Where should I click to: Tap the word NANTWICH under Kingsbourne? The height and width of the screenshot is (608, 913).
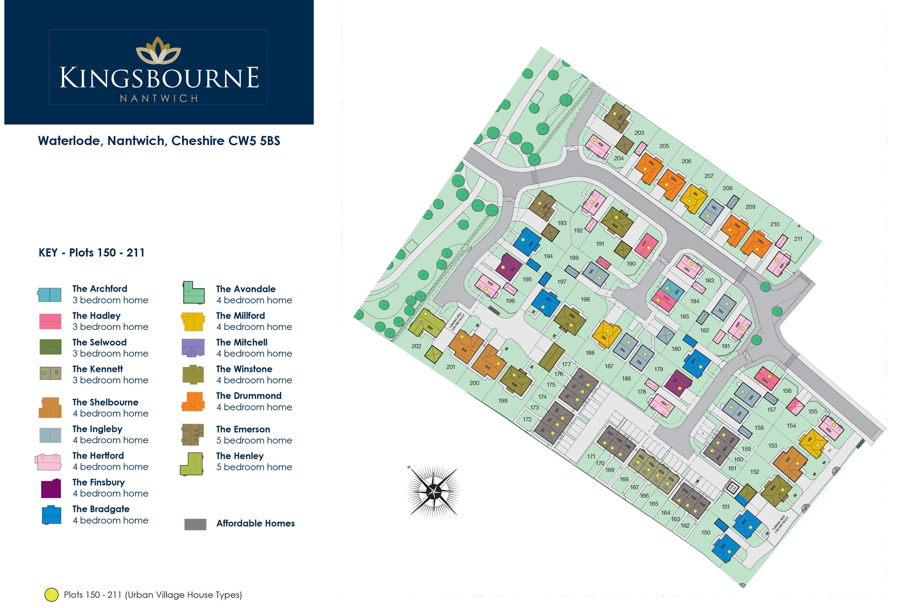pos(158,98)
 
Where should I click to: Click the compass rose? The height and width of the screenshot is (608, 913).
pos(433,491)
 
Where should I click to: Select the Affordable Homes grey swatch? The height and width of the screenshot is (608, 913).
pos(195,524)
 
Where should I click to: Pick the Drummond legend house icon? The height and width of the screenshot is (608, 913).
pos(193,401)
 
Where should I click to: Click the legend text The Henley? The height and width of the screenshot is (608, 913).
pos(239,456)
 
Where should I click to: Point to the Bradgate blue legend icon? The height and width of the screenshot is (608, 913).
pos(51,515)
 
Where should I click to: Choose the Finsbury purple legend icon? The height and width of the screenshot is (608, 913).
pos(51,489)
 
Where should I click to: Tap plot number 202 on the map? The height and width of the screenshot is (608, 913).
pos(416,346)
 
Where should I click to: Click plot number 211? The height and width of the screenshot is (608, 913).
pos(798,239)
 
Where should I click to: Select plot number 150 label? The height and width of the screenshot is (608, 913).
pos(705,533)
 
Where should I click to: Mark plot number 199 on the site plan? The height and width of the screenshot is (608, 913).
pos(503,401)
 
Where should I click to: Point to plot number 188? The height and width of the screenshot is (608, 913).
pos(590,353)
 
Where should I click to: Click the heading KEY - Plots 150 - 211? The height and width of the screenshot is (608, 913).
pos(92,253)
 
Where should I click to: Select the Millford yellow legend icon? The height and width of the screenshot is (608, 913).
pos(193,321)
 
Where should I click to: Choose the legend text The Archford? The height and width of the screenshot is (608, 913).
pos(100,289)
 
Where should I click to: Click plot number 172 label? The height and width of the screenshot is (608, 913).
pos(527,419)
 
